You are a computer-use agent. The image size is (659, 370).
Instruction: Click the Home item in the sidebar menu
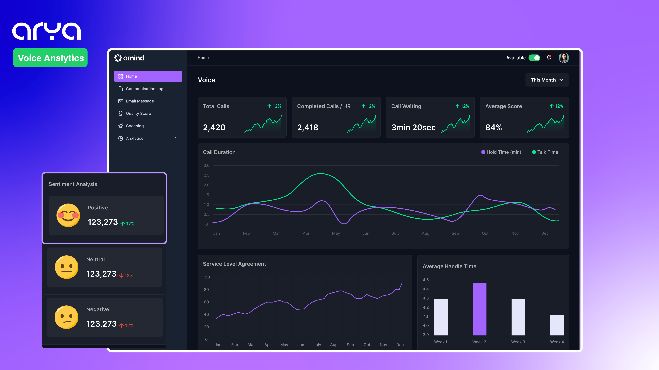coord(148,76)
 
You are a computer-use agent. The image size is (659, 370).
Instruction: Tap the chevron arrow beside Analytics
coord(176,138)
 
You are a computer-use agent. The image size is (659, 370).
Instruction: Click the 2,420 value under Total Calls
coord(214,127)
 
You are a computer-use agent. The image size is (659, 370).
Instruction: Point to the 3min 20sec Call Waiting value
coord(413,127)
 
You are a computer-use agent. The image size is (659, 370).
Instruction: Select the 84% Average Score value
coord(493,127)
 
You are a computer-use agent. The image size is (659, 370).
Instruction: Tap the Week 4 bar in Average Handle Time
coord(557,325)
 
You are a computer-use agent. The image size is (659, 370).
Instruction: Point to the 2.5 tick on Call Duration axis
coord(206,175)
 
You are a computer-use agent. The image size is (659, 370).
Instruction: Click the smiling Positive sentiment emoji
coord(68,215)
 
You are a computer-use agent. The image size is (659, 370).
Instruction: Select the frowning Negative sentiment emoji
coord(67,317)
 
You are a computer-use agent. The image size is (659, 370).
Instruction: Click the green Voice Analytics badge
coord(50,58)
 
